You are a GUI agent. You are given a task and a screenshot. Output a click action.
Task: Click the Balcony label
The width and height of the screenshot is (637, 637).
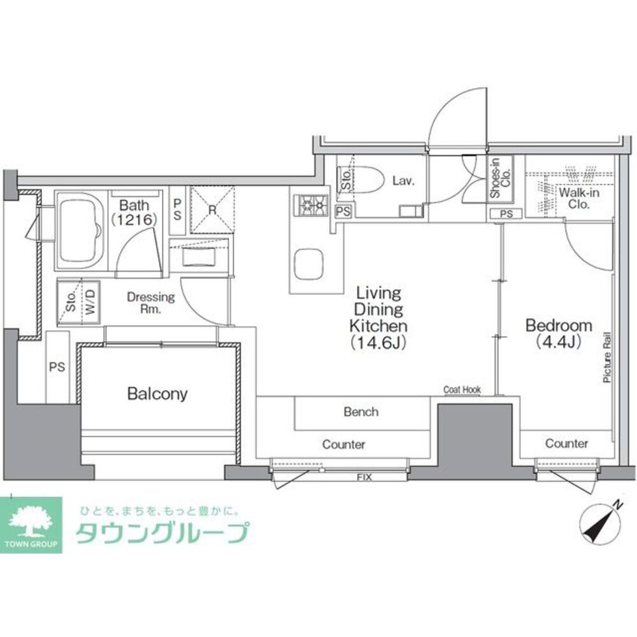pyautogui.click(x=157, y=394)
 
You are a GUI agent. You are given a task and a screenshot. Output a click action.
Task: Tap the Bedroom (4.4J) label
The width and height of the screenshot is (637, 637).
pyautogui.click(x=559, y=334)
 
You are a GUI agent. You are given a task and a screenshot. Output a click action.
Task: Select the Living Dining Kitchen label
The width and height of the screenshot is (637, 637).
pyautogui.click(x=378, y=318)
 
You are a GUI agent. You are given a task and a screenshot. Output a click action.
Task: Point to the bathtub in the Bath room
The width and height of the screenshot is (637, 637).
pyautogui.click(x=81, y=231)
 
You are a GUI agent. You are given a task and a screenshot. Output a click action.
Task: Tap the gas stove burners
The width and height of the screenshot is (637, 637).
pyautogui.click(x=313, y=205)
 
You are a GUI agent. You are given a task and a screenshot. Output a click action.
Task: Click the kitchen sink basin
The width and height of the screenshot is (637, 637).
pyautogui.click(x=309, y=264)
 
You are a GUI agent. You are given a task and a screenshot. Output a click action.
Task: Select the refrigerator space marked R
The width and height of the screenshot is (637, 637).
pyautogui.click(x=212, y=210)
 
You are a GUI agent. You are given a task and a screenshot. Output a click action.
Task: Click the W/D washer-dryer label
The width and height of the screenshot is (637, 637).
pyautogui.click(x=90, y=302)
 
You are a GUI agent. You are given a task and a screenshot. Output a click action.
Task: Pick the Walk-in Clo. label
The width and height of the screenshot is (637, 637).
pyautogui.click(x=578, y=198)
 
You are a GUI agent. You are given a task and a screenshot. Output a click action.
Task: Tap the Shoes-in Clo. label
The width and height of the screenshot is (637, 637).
pyautogui.click(x=501, y=178)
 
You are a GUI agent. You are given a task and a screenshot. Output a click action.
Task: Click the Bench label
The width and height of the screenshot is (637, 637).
pyautogui.click(x=361, y=412)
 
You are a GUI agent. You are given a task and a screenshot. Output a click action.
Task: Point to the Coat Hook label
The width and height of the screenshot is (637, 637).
pyautogui.click(x=462, y=390)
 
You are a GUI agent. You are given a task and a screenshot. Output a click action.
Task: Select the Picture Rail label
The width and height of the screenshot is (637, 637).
pyautogui.click(x=607, y=357)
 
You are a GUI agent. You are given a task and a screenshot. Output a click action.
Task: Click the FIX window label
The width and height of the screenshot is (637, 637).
pyautogui.click(x=364, y=477)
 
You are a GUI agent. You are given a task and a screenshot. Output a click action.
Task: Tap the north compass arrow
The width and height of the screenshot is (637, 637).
pyautogui.click(x=602, y=521)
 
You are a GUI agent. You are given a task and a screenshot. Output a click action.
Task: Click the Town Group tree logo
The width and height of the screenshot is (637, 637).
pyautogui.click(x=31, y=524)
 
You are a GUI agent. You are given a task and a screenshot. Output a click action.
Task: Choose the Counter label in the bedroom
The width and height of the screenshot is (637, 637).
pyautogui.click(x=566, y=443)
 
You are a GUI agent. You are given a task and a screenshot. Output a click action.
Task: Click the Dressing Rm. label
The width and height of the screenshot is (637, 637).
pyautogui.click(x=151, y=303)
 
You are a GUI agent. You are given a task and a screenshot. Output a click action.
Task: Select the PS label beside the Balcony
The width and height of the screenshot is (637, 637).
pyautogui.click(x=57, y=368)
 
